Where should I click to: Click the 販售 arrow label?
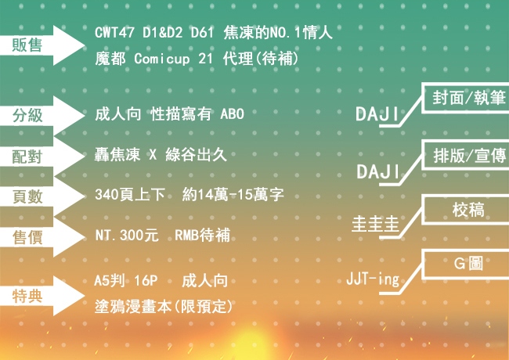click(27, 45)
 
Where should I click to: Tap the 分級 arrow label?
click(27, 115)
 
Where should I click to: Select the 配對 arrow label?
click(27, 157)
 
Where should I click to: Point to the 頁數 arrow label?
click(27, 196)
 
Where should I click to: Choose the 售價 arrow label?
click(27, 237)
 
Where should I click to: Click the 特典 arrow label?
click(27, 296)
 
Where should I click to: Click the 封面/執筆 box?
click(465, 98)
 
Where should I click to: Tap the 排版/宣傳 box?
click(465, 155)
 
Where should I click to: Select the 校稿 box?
click(465, 210)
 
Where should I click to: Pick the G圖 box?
click(465, 264)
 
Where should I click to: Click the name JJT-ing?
click(373, 279)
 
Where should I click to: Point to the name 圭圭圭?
click(375, 224)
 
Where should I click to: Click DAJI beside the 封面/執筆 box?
click(377, 113)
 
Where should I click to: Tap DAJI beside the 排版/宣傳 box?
click(378, 171)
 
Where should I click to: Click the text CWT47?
click(114, 32)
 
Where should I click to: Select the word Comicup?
click(161, 59)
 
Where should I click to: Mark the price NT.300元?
click(127, 235)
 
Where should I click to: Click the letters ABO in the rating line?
click(232, 113)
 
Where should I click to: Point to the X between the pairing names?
click(153, 155)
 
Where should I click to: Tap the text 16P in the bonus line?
click(146, 280)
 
